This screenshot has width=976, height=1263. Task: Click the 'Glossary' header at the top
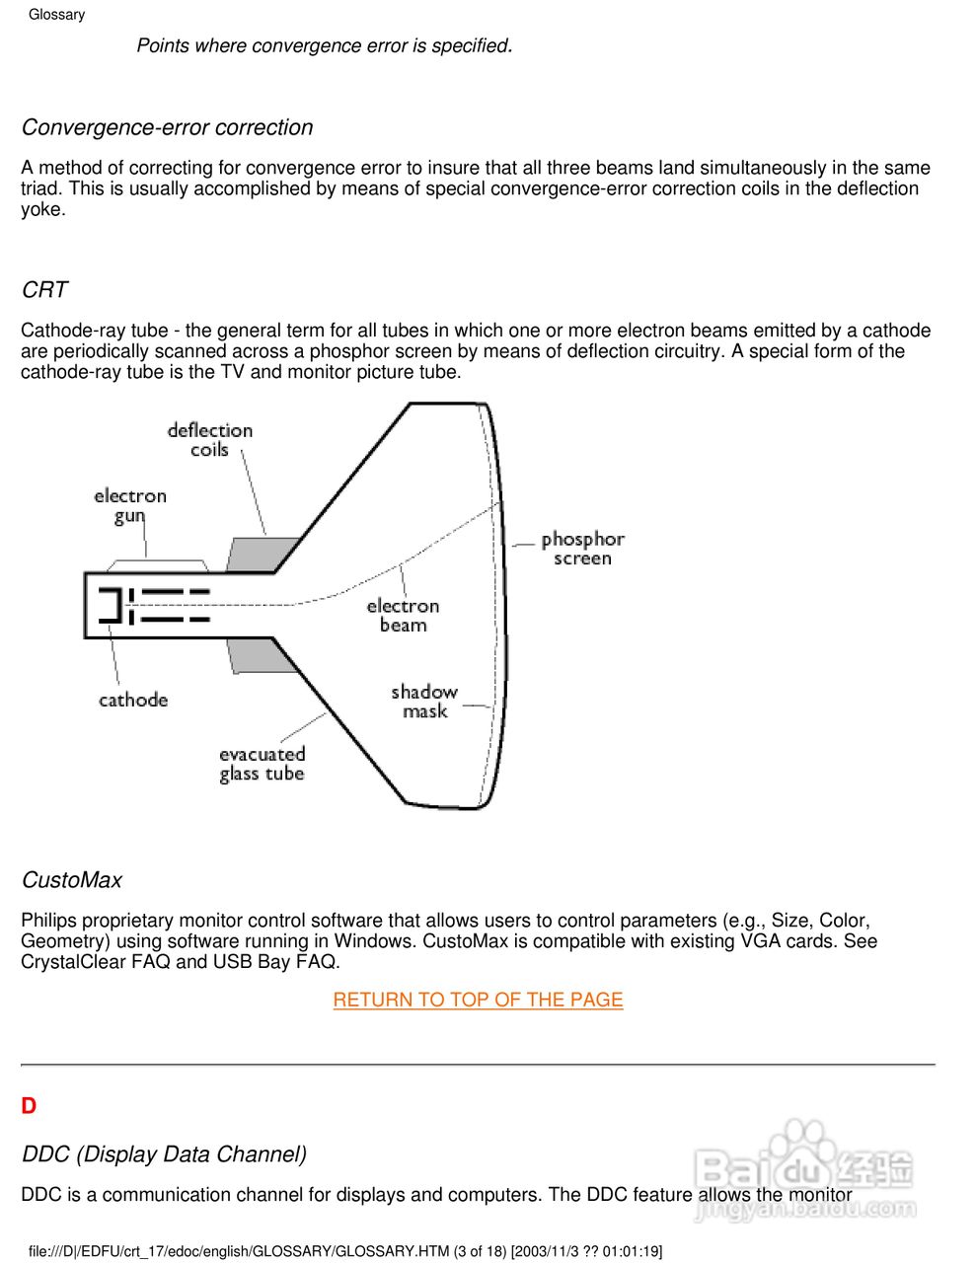tap(56, 15)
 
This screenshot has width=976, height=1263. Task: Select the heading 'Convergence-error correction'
tap(167, 127)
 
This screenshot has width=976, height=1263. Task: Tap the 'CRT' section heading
tap(44, 290)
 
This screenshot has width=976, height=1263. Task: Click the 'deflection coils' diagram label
tap(209, 440)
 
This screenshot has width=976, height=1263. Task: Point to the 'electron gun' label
tap(130, 505)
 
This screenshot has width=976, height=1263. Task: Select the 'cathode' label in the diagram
tap(133, 701)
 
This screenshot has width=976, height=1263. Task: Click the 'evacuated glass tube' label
tap(262, 764)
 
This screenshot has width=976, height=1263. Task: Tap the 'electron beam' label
tap(403, 615)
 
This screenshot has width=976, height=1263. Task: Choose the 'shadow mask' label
tap(424, 701)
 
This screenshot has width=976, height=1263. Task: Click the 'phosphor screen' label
tap(582, 549)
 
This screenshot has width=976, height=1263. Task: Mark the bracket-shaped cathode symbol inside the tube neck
tap(112, 606)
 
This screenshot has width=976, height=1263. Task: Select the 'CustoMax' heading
tap(72, 880)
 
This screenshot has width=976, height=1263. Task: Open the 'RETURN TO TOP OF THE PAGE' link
tap(478, 1000)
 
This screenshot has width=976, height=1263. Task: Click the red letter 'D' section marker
tap(29, 1106)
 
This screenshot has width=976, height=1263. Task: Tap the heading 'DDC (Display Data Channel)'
tap(164, 1154)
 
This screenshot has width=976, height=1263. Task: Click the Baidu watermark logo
tap(803, 1171)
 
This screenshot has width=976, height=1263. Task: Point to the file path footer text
tap(345, 1251)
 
